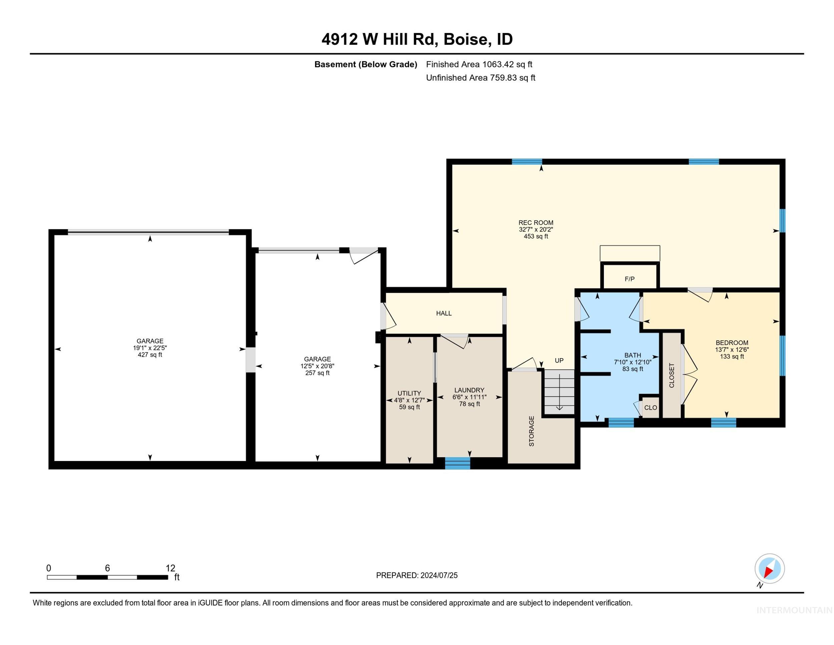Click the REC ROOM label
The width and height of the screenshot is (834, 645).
click(536, 223)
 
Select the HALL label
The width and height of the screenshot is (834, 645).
click(444, 313)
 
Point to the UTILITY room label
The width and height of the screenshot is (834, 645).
click(409, 393)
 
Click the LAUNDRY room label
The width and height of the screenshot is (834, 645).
click(469, 390)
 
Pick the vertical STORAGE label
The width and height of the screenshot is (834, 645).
click(531, 431)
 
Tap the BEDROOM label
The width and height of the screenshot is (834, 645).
click(732, 343)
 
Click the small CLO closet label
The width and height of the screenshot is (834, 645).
click(651, 408)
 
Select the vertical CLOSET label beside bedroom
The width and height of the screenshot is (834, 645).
click(672, 375)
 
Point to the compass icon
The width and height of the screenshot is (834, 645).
click(770, 569)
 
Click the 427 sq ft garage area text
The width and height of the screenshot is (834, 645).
click(150, 355)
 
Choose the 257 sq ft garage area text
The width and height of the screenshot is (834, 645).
click(317, 373)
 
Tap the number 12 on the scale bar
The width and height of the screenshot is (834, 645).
click(170, 568)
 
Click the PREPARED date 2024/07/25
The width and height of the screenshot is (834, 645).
click(439, 576)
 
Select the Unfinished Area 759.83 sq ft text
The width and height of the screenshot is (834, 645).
click(481, 77)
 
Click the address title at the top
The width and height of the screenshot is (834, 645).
click(417, 39)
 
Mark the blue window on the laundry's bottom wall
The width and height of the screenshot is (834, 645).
click(457, 463)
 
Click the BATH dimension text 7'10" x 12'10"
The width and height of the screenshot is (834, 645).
click(633, 362)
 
